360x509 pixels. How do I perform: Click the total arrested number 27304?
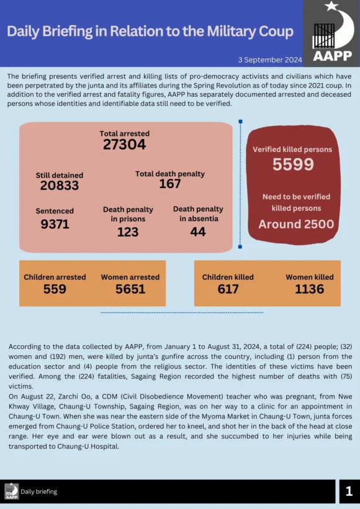point(124,145)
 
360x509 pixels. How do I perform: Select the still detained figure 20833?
point(60,186)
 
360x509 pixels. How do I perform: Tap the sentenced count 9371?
point(55,224)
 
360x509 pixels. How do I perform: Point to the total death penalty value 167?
point(170,184)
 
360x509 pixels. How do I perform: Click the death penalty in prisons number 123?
point(128,232)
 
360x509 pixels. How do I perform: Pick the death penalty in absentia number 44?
point(198,232)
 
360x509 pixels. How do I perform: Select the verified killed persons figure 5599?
point(293,164)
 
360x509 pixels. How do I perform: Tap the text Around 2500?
point(296,224)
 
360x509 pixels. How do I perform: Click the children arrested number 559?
point(55,289)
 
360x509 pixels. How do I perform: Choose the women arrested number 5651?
point(130,289)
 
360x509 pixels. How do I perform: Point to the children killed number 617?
point(228,289)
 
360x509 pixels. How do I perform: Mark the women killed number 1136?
point(309,289)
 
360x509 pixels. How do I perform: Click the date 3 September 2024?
point(270,60)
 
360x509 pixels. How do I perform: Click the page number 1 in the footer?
point(349,491)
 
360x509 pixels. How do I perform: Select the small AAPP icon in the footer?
point(11,491)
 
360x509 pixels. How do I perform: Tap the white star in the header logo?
point(331,6)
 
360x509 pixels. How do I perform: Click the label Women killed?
point(310,277)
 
